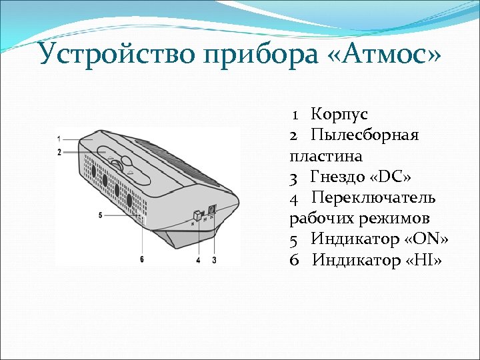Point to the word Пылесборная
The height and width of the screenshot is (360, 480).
(x=365, y=135)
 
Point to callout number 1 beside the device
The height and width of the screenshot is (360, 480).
(x=59, y=139)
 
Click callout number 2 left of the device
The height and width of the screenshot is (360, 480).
(x=59, y=152)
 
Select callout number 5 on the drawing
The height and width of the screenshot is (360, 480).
(x=100, y=215)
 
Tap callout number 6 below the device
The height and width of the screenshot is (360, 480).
(x=142, y=260)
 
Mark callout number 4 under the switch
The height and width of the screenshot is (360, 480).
(x=198, y=260)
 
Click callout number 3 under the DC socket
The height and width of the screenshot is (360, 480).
(x=214, y=260)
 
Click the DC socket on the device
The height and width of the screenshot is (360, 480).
(x=212, y=209)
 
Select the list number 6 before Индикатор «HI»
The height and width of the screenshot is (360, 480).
(x=294, y=259)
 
